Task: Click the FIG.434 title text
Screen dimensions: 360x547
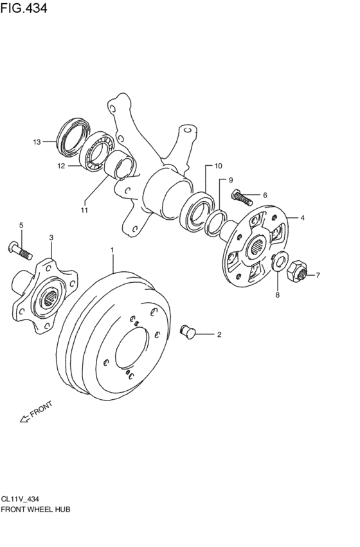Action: (x=24, y=8)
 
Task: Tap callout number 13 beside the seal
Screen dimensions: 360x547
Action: (x=37, y=142)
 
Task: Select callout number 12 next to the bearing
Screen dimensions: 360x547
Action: (x=61, y=166)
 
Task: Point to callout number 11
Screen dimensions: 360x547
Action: (x=84, y=210)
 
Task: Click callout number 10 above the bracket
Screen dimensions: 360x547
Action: (x=218, y=166)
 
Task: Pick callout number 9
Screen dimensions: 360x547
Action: (x=231, y=181)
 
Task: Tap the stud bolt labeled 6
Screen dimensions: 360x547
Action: (x=242, y=197)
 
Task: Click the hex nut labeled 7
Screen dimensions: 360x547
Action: (x=296, y=271)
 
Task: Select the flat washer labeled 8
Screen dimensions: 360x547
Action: (x=280, y=260)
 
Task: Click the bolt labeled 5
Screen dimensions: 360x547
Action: (x=20, y=251)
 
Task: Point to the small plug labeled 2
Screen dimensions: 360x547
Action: (x=188, y=332)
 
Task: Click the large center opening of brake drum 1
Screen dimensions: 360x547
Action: (x=132, y=348)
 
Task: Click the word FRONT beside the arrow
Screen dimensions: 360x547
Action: (x=42, y=409)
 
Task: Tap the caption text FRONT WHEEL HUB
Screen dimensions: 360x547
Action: (x=35, y=509)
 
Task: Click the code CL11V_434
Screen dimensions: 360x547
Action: (x=20, y=499)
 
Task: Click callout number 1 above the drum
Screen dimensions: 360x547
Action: (x=113, y=250)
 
